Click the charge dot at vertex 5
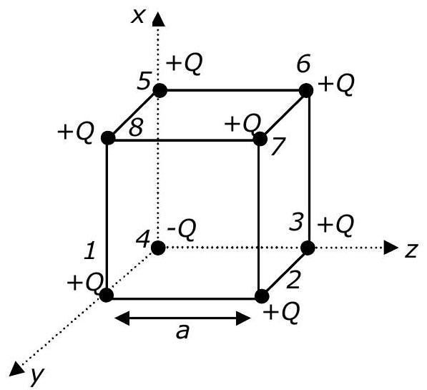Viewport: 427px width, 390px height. click(x=160, y=90)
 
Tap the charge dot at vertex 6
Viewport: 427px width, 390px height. click(x=306, y=90)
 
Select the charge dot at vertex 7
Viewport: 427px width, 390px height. click(x=260, y=139)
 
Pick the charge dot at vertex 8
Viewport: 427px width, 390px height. click(x=108, y=138)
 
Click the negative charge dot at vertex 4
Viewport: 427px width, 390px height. click(x=158, y=248)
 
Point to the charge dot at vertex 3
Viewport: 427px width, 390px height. click(x=308, y=248)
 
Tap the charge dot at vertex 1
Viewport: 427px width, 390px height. click(x=107, y=295)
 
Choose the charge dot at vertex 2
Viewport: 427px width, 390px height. click(x=262, y=296)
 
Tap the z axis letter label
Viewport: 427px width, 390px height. click(x=411, y=250)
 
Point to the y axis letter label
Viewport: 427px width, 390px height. click(x=37, y=376)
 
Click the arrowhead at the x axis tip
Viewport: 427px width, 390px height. click(x=159, y=19)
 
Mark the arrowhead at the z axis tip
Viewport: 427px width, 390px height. click(x=391, y=248)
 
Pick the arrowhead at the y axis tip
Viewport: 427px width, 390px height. click(x=16, y=369)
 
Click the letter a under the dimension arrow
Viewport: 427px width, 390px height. click(x=182, y=332)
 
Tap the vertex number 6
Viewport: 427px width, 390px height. click(x=303, y=65)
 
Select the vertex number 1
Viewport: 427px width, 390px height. click(x=89, y=250)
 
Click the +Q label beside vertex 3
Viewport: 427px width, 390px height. click(x=335, y=225)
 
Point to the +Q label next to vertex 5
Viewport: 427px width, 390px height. click(x=185, y=64)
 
